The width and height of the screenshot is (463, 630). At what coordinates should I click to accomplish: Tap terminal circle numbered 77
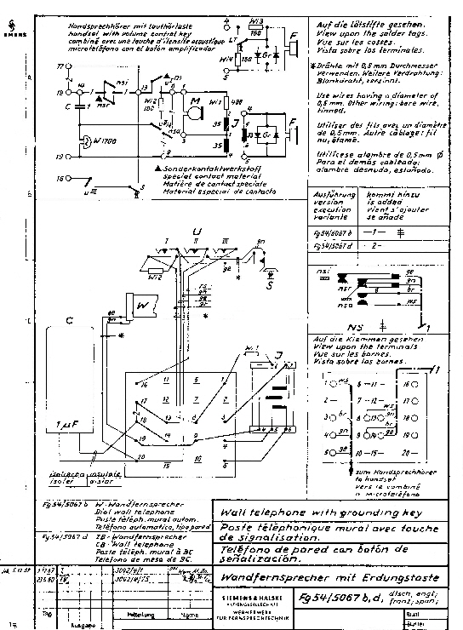[x=60, y=65]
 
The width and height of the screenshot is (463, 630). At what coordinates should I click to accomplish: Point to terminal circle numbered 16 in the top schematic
[x=60, y=180]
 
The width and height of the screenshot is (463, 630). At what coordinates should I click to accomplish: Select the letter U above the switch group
[x=197, y=232]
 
